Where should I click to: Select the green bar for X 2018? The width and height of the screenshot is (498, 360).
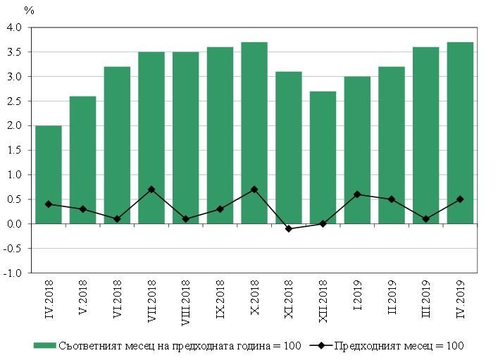coord(254,133)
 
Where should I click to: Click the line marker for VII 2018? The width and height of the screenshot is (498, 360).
coord(151,190)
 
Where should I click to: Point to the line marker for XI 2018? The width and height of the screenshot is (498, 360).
coord(289,229)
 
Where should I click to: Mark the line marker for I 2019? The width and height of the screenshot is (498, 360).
coord(357,194)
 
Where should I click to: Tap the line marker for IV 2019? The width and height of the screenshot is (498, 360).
coord(460,199)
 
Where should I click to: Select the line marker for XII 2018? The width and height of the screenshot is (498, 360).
coord(323,224)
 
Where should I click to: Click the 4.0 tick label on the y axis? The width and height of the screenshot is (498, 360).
coord(15,27)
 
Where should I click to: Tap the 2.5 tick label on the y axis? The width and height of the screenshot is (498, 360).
coord(15,101)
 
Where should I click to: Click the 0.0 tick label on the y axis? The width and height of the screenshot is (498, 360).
coord(15,224)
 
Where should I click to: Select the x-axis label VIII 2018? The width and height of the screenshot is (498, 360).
coord(186,301)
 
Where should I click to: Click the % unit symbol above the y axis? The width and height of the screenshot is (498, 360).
coord(29,11)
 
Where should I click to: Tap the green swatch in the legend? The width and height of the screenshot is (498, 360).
coord(44,345)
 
